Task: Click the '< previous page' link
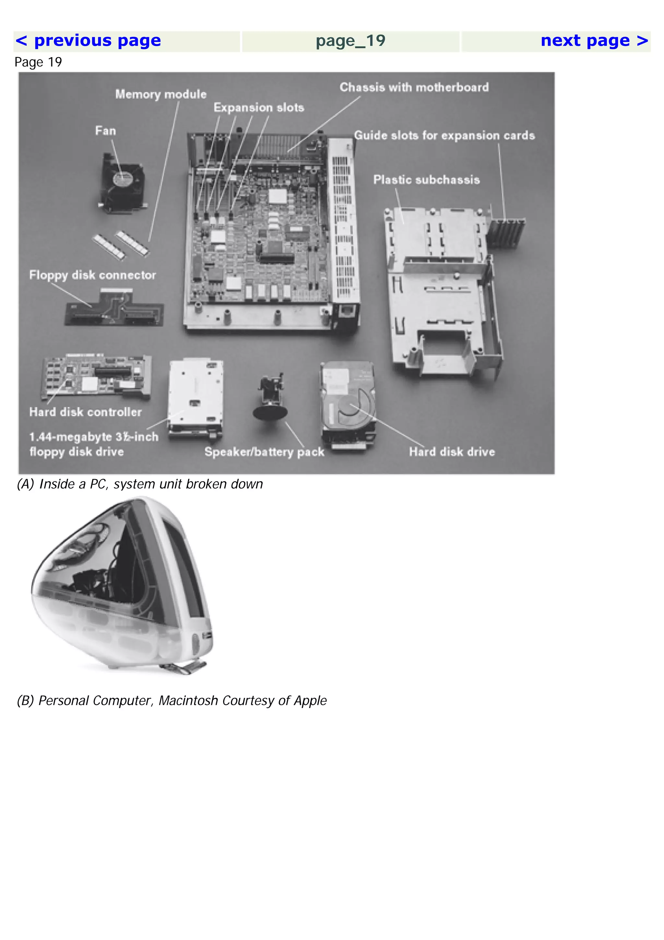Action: click(88, 41)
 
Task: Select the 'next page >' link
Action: click(594, 41)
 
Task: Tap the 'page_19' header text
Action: click(350, 41)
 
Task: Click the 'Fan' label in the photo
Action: click(106, 131)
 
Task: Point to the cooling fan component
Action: click(122, 183)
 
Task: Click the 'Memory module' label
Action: click(161, 94)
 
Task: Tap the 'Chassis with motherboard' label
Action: click(414, 87)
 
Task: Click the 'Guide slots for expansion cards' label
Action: click(444, 136)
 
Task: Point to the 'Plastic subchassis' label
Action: click(426, 180)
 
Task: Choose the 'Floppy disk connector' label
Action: click(92, 275)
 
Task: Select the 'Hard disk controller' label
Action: click(86, 412)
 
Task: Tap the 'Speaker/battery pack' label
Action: click(264, 452)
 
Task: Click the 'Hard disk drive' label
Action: click(452, 452)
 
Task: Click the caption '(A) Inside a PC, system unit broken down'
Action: click(139, 484)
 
